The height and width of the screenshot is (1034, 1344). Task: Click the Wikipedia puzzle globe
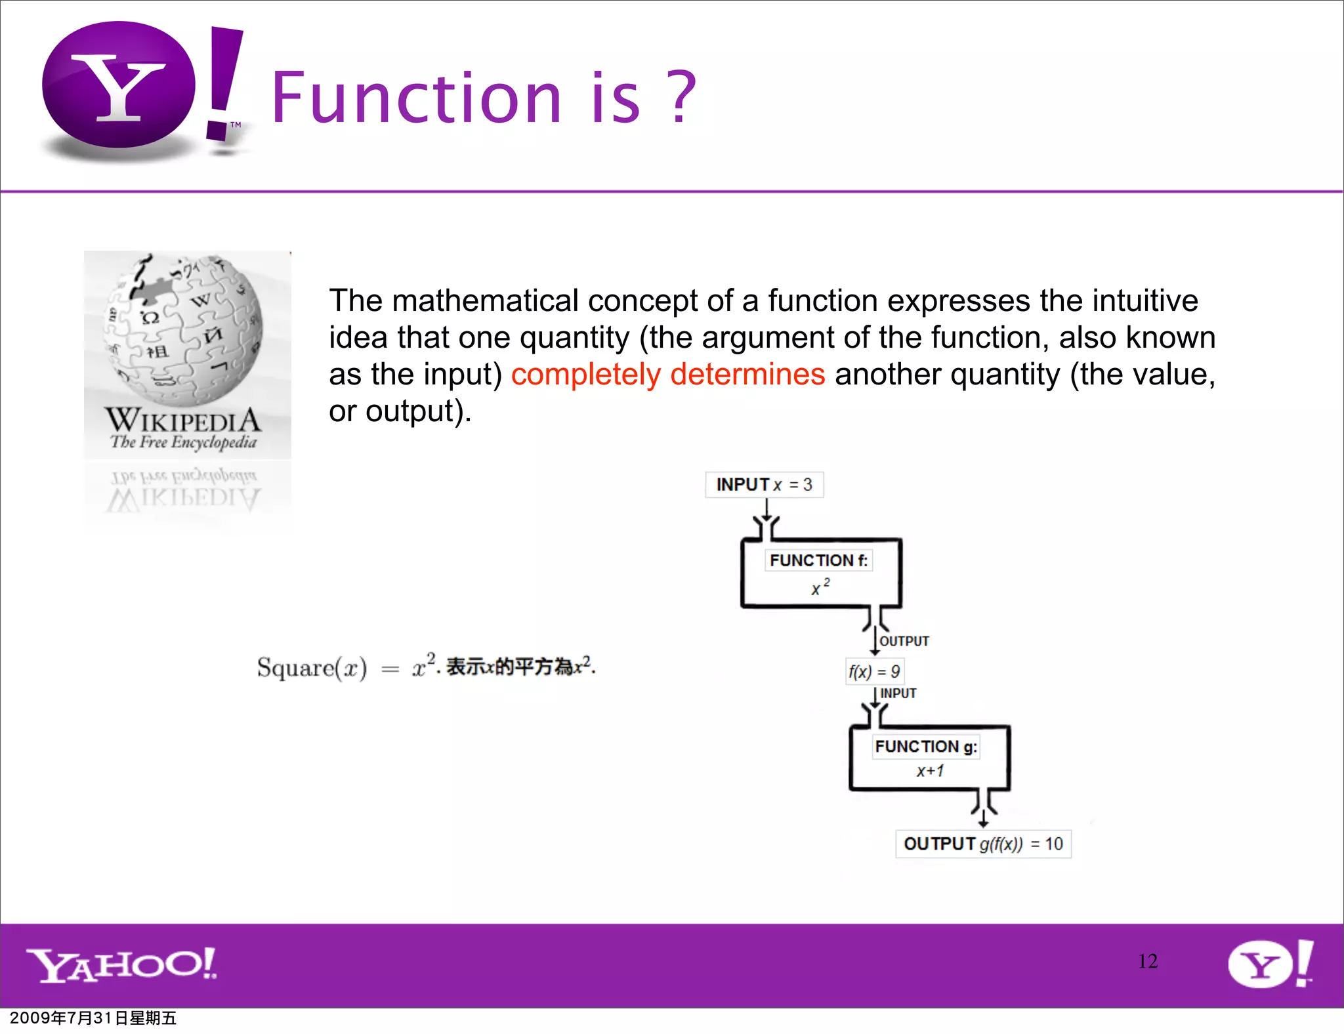click(184, 328)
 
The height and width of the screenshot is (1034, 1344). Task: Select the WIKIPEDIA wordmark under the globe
click(182, 420)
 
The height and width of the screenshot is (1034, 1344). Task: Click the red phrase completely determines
click(667, 375)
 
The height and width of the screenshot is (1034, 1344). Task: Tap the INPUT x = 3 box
click(764, 485)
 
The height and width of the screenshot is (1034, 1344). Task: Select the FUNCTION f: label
click(818, 560)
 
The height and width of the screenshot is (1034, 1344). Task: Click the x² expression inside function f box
click(820, 587)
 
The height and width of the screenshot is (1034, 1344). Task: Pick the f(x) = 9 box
click(873, 671)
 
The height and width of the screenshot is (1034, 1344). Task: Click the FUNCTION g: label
click(925, 747)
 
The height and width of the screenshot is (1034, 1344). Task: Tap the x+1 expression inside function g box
click(930, 771)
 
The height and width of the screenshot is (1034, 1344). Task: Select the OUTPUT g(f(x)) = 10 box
click(982, 844)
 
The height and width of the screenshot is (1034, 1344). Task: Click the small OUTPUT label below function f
click(904, 641)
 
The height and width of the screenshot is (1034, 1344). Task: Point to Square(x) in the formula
click(312, 668)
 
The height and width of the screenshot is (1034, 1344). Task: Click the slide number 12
click(1147, 961)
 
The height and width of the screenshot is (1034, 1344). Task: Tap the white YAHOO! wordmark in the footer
click(122, 964)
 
